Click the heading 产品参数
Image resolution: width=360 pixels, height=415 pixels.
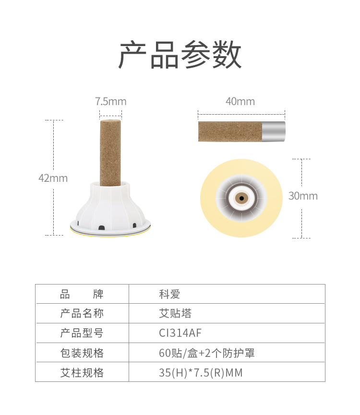[180, 55]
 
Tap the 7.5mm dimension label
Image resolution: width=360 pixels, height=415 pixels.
[111, 101]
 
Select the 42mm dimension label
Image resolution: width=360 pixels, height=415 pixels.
[53, 178]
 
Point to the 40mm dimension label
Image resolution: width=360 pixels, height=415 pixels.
[240, 101]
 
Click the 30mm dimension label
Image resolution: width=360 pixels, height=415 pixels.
[303, 196]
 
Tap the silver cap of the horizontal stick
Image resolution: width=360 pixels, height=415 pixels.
[274, 131]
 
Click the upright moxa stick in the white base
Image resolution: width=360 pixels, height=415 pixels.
[110, 153]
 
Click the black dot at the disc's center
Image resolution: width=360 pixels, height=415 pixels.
[241, 198]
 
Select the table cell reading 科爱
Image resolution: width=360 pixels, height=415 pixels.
[169, 294]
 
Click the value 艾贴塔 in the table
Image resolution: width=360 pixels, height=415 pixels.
[175, 313]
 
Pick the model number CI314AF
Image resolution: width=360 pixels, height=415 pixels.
[180, 333]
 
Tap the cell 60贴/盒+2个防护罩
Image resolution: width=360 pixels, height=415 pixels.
[207, 353]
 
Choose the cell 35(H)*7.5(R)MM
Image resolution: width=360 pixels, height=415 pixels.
[201, 372]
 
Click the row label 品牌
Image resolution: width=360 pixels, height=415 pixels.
[82, 294]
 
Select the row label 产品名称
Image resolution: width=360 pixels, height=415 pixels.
[82, 313]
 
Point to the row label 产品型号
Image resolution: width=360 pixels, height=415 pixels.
[82, 333]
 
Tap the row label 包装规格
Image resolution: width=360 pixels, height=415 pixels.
[82, 353]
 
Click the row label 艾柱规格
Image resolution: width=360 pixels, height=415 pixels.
[82, 372]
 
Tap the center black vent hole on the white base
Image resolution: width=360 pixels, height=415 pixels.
[101, 227]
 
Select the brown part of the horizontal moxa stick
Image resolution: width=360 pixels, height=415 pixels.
[230, 131]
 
